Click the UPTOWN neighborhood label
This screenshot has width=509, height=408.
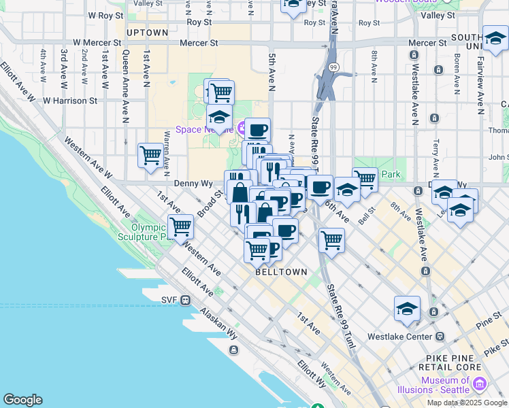(147, 32)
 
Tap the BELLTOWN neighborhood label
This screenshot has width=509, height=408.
(281, 271)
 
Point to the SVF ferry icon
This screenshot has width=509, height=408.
(185, 300)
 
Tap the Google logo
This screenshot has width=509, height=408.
(22, 400)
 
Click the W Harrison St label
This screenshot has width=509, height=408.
(70, 100)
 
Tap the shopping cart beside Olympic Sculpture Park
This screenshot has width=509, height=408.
(181, 226)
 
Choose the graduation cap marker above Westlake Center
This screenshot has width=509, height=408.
(407, 308)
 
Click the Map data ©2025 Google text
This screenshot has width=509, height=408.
(466, 403)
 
